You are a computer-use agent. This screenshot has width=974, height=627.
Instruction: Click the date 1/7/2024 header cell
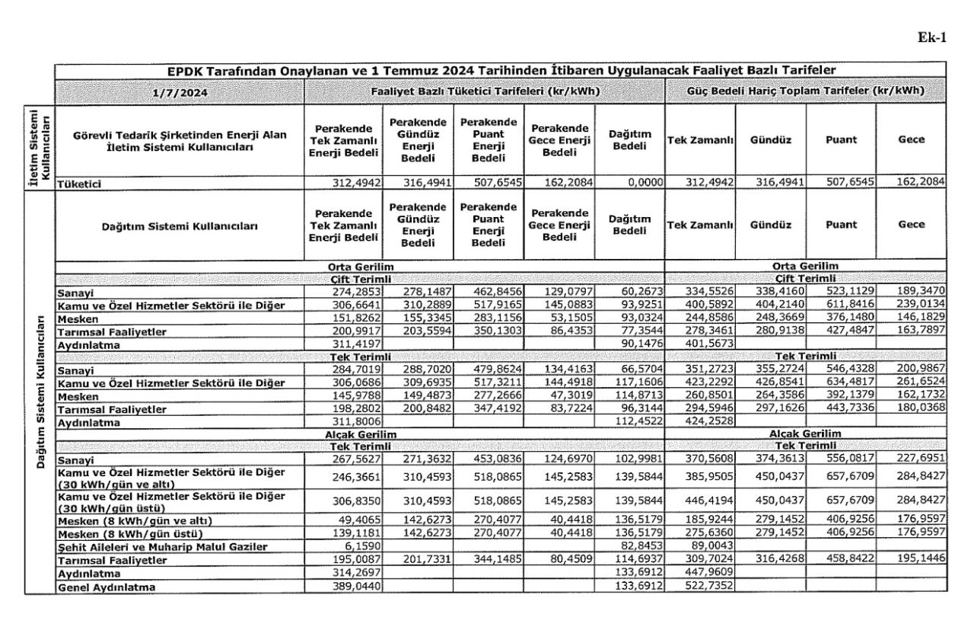[x=180, y=91]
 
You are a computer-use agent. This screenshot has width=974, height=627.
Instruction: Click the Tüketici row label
[x=80, y=184]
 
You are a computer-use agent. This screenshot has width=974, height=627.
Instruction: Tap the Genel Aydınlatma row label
[x=107, y=587]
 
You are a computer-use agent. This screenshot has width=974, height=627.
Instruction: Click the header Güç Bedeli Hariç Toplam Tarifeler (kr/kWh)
[x=806, y=91]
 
